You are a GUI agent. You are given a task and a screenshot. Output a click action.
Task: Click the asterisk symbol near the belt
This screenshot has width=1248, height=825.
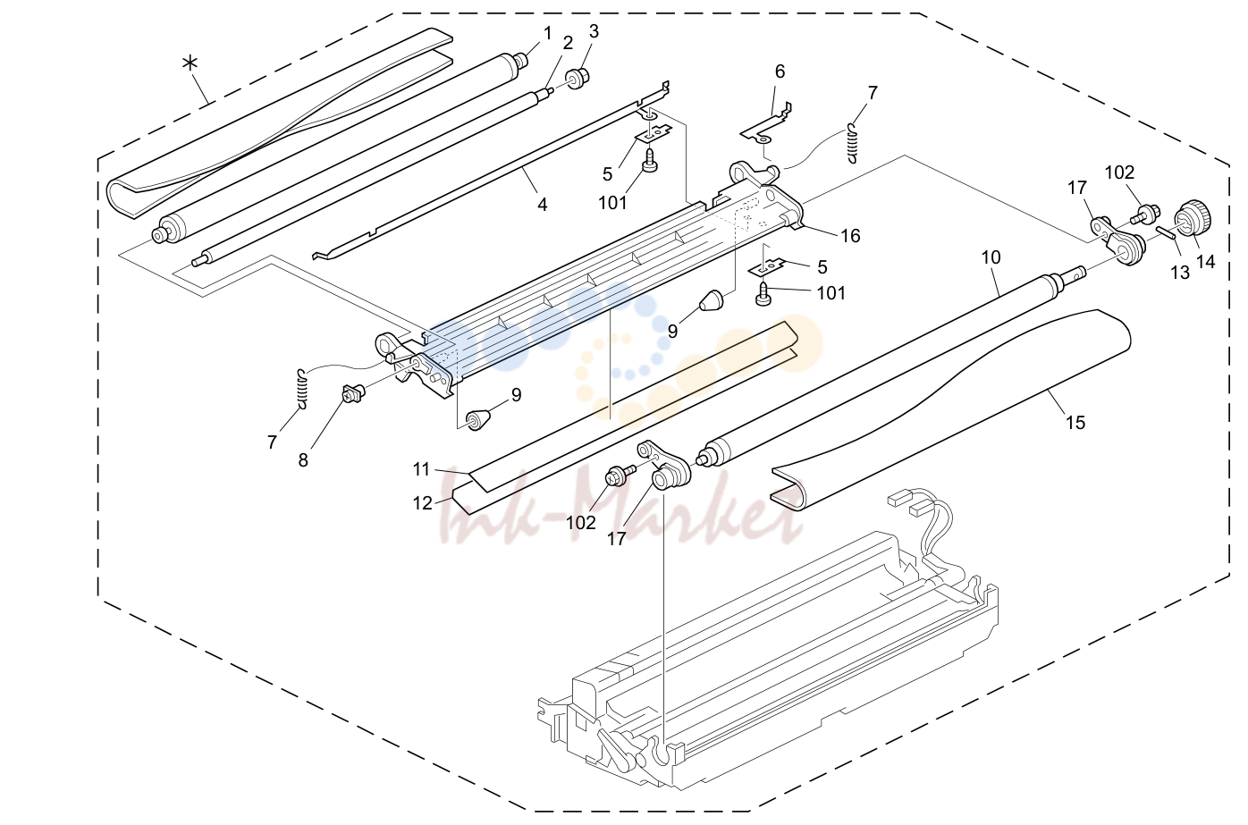(x=190, y=63)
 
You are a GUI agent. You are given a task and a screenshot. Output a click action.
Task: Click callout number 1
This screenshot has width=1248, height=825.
(x=547, y=33)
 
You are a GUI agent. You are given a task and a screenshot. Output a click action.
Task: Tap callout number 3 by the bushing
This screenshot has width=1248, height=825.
(x=594, y=32)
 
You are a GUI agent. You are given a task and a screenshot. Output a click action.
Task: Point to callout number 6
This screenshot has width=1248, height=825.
(x=780, y=72)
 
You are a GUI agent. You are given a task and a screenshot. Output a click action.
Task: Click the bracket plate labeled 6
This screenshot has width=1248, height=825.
(x=766, y=125)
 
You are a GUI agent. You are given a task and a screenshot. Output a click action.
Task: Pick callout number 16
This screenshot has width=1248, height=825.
(x=850, y=236)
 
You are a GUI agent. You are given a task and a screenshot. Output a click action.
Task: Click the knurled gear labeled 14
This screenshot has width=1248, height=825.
(x=1194, y=220)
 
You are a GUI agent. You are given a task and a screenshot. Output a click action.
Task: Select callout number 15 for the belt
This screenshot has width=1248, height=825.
(x=1075, y=423)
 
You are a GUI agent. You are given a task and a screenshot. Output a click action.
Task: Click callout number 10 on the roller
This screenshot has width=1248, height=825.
(x=991, y=257)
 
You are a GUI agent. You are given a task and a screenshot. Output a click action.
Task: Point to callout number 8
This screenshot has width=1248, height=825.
(x=302, y=460)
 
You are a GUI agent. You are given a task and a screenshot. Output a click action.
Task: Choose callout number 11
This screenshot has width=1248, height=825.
(x=421, y=469)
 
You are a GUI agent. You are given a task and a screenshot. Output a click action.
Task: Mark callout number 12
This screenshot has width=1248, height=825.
(x=422, y=503)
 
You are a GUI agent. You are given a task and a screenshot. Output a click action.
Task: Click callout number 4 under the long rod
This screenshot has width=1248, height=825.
(x=542, y=205)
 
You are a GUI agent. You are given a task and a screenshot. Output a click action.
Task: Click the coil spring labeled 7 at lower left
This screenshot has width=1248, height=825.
(x=302, y=390)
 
